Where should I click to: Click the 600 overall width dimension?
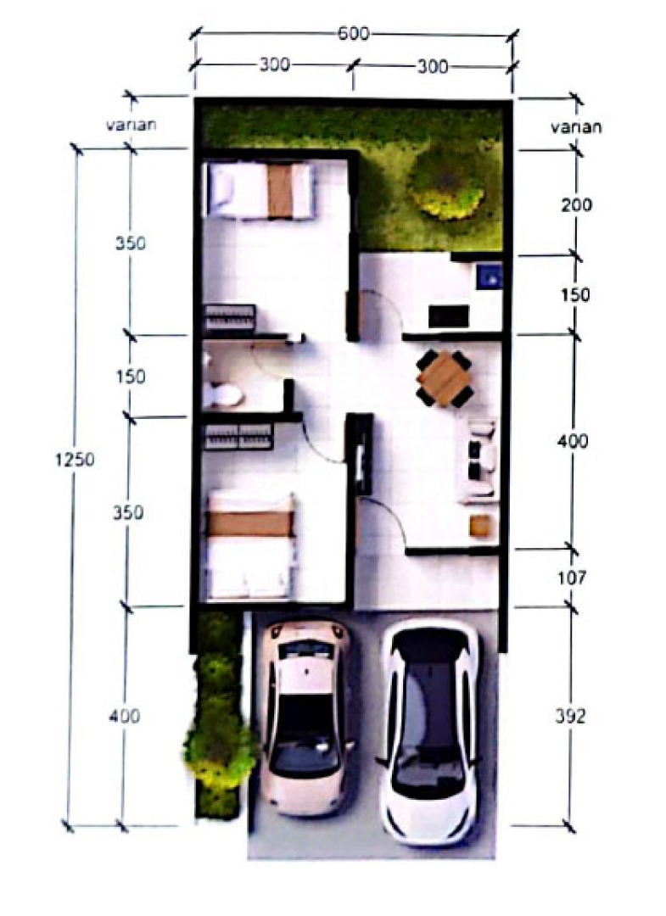[x=354, y=34]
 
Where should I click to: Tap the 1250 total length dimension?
[x=74, y=460]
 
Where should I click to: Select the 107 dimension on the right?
[x=571, y=578]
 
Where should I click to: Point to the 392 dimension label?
[x=569, y=716]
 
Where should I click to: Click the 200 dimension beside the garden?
[x=576, y=205]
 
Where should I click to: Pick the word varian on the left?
[x=132, y=125]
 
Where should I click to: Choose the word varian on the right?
[x=576, y=126]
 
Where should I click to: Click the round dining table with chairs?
[x=445, y=378]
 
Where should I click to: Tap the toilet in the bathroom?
[x=222, y=394]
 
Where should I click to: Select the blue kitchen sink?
[x=489, y=276]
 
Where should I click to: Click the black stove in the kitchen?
[x=449, y=316]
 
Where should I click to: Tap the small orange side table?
[x=481, y=526]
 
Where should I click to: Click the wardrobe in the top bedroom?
[x=229, y=318]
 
